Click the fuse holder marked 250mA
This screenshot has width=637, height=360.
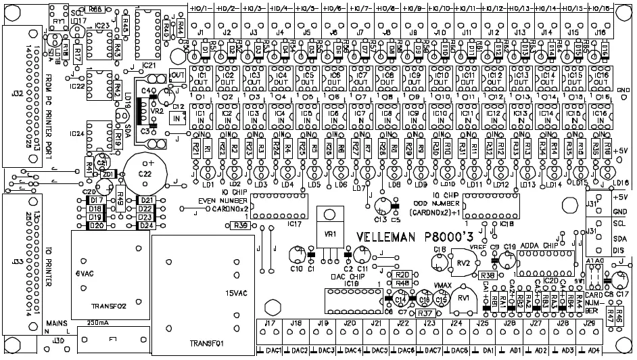point(112,338)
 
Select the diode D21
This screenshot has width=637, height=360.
point(146,200)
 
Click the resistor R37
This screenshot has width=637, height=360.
point(426,313)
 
